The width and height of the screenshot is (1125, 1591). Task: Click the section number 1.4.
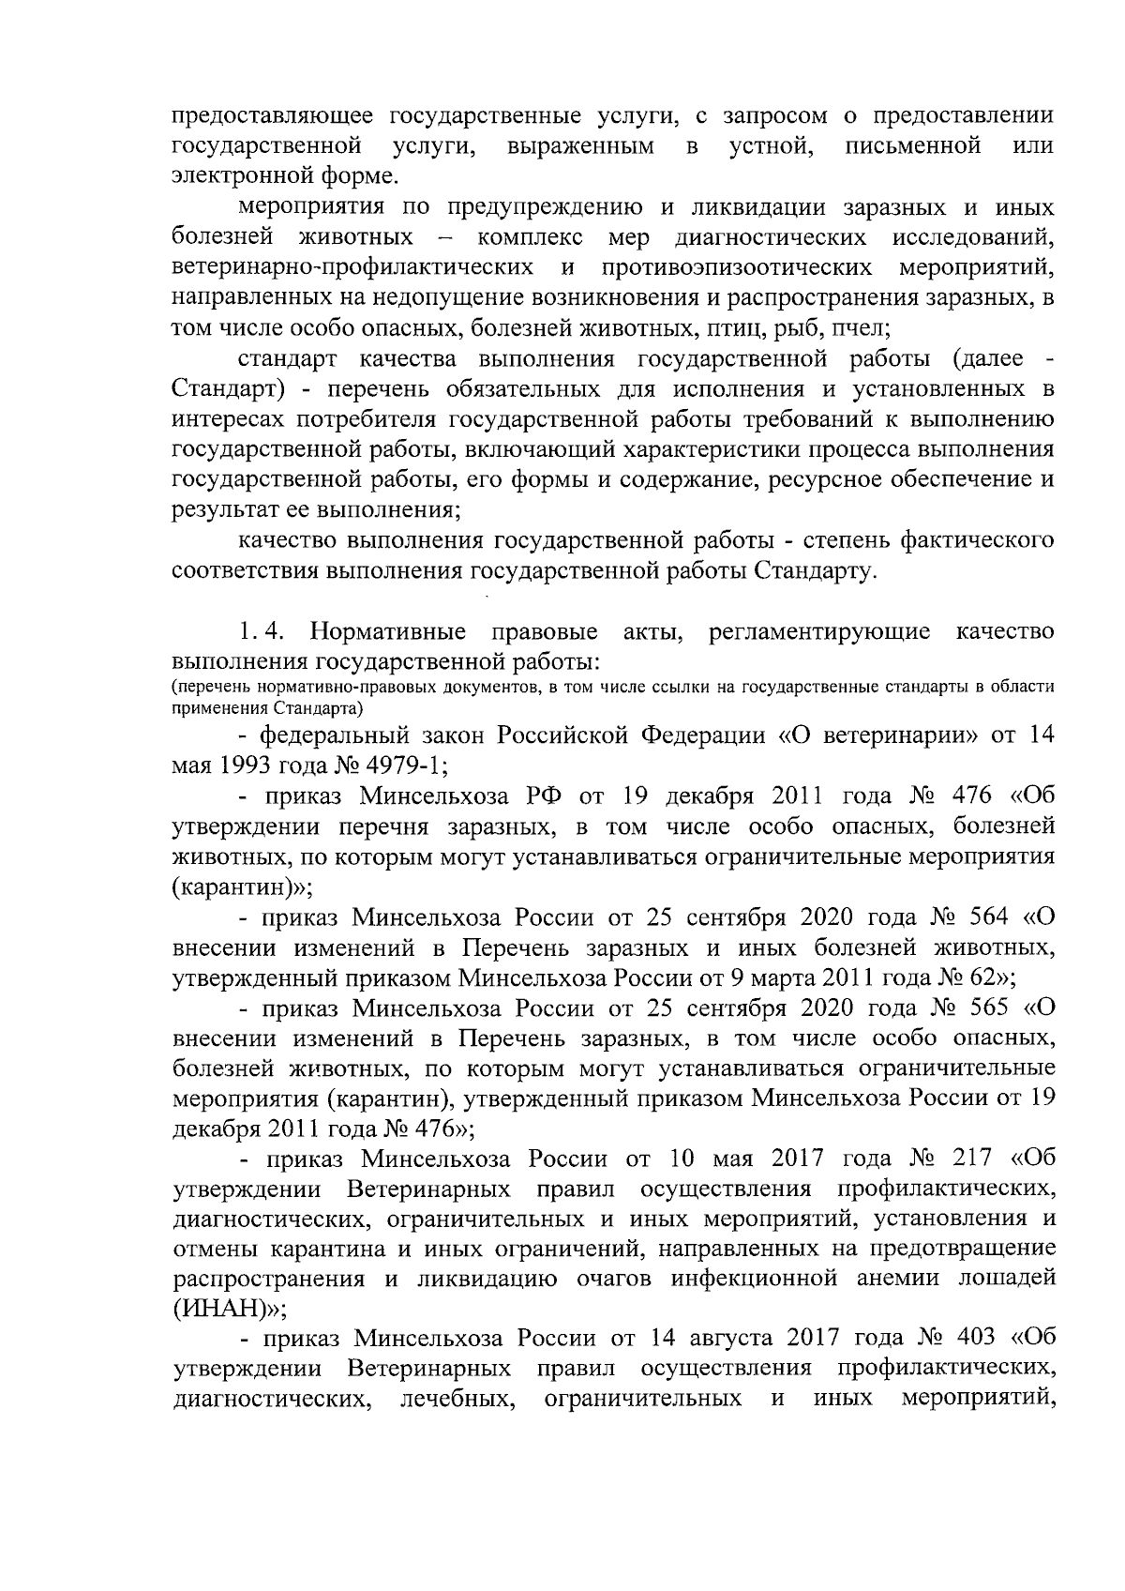(x=268, y=632)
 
